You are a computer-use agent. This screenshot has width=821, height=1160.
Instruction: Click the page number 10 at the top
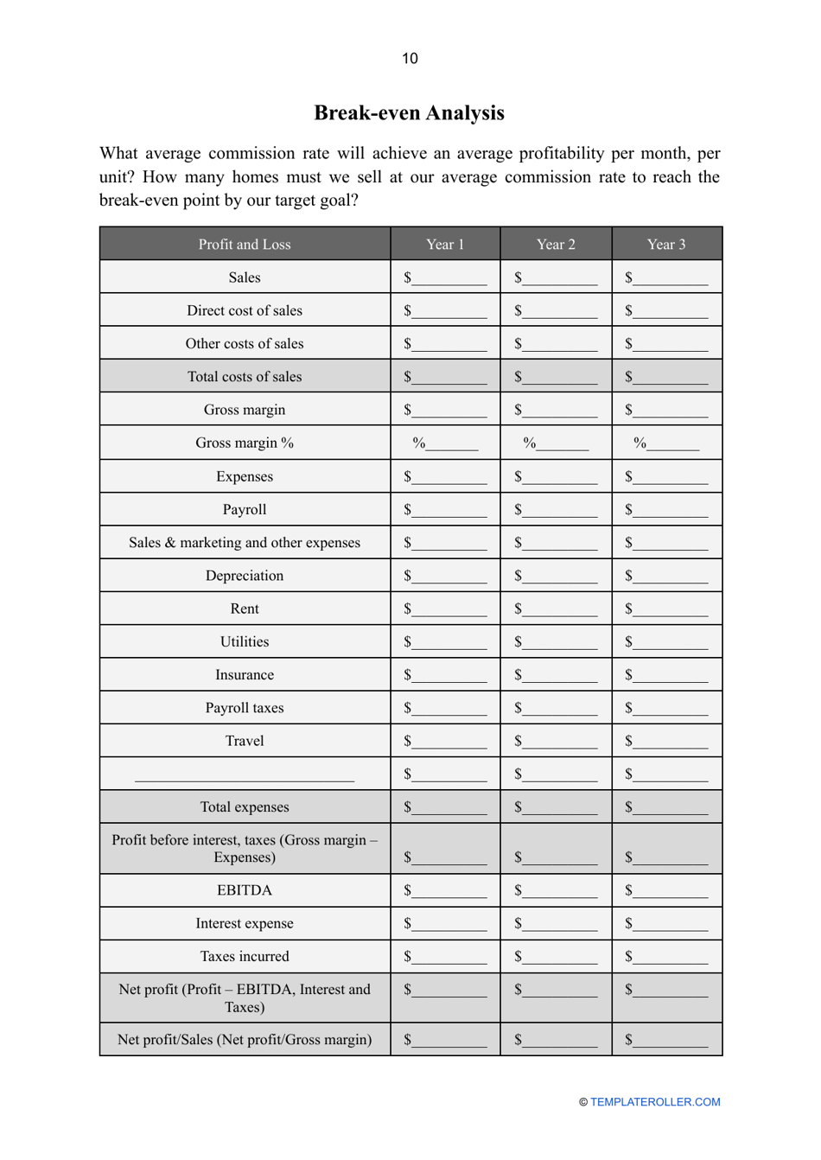click(x=410, y=58)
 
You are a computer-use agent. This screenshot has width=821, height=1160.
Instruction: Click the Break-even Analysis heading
click(x=409, y=112)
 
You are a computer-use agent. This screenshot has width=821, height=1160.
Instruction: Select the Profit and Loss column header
click(x=245, y=244)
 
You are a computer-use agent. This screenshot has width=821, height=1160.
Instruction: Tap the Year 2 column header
click(x=556, y=244)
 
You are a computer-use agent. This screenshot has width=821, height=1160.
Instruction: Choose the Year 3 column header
click(x=666, y=244)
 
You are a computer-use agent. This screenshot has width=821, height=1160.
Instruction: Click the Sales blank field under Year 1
click(x=449, y=279)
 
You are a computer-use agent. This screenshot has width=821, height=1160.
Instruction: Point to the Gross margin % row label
click(x=245, y=443)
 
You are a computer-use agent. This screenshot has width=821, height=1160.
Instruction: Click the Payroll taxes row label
click(x=245, y=708)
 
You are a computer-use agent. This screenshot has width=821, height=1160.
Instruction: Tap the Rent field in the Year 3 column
click(x=670, y=610)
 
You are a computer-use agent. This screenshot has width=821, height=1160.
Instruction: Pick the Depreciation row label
click(x=245, y=576)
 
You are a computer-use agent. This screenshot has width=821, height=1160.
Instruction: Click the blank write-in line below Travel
click(x=245, y=775)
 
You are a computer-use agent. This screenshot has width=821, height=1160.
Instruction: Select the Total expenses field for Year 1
click(x=449, y=809)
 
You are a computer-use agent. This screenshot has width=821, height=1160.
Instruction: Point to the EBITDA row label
click(x=245, y=890)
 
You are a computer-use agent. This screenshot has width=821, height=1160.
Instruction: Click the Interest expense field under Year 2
click(x=559, y=925)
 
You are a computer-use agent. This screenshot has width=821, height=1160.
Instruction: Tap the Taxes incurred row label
click(x=245, y=956)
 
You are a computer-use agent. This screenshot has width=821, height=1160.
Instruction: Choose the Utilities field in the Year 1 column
click(x=449, y=644)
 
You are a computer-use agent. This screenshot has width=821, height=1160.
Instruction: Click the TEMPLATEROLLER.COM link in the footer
click(x=655, y=1102)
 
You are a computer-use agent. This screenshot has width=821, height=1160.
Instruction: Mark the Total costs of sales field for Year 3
click(x=670, y=379)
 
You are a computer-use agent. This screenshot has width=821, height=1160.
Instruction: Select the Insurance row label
click(x=245, y=675)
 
